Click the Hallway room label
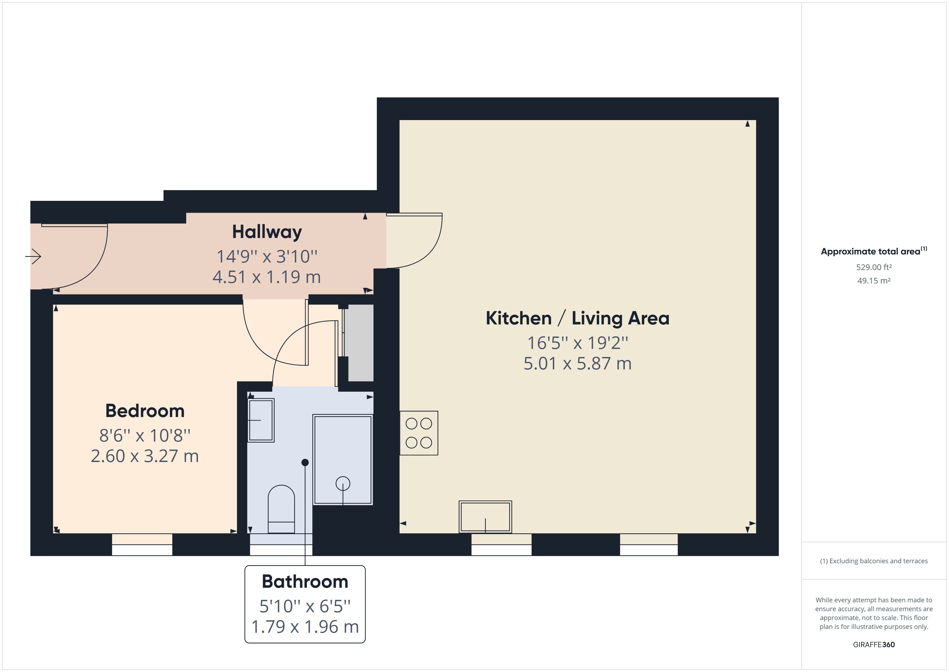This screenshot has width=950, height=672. tap(267, 232)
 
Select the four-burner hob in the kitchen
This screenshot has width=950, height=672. tap(419, 433)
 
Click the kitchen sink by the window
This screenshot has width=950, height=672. tap(485, 517)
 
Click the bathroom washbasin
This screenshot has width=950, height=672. tap(261, 420)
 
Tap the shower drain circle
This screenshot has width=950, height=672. tap(343, 483)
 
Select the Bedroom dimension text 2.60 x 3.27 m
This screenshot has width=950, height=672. tap(145, 456)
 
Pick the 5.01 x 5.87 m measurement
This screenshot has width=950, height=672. tap(577, 363)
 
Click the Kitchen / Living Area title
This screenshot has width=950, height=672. tap(577, 318)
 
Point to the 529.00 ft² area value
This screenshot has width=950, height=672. tap(874, 267)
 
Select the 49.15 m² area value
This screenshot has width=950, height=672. tap(874, 281)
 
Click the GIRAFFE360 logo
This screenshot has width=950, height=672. tap(874, 644)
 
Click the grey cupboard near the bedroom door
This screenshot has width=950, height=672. tap(360, 343)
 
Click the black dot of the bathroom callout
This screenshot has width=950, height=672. tap(305, 463)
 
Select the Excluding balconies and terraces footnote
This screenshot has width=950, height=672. tap(874, 561)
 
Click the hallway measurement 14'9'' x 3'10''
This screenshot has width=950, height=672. tap(267, 257)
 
